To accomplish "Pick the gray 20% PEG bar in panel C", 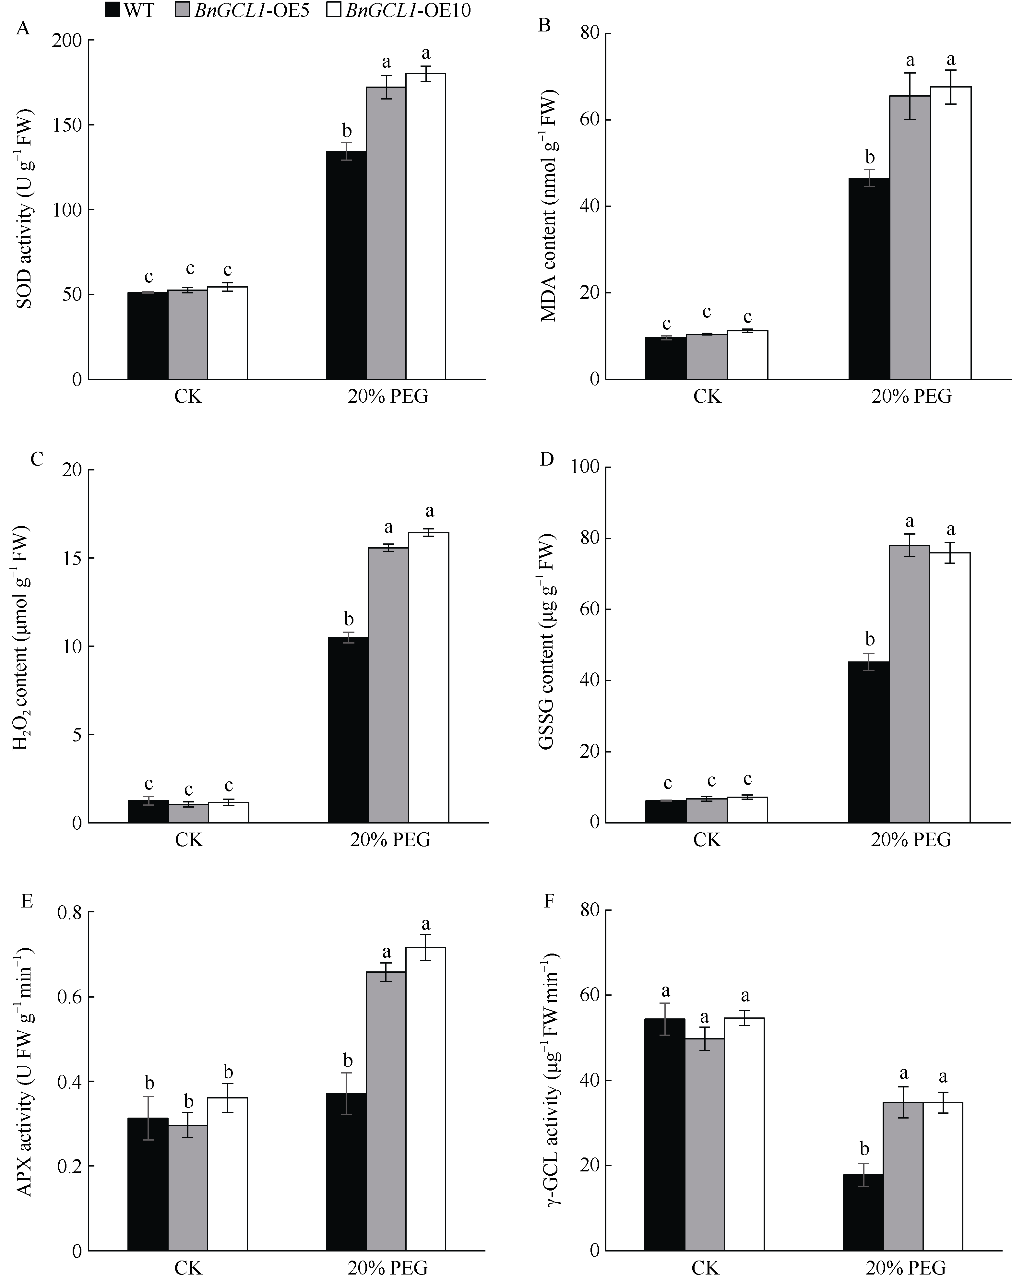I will click(x=388, y=685).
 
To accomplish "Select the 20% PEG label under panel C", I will click(x=389, y=840).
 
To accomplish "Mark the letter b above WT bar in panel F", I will click(x=864, y=1149).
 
